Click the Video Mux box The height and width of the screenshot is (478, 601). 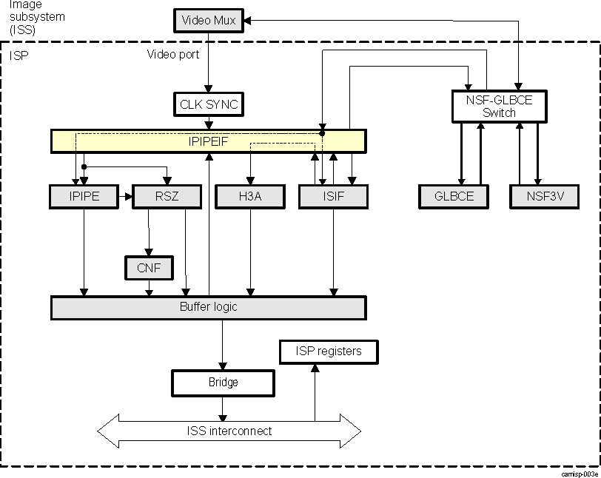pos(209,20)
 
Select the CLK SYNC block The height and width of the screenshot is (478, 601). pos(209,104)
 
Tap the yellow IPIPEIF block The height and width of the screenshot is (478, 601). pos(208,141)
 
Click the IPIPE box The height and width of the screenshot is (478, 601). pos(84,196)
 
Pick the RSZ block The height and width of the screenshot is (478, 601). pos(166,196)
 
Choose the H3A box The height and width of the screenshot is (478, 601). pos(250,196)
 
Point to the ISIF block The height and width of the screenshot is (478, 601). pos(333,196)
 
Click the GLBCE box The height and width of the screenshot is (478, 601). pos(453,196)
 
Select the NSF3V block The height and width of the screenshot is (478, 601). pos(545,196)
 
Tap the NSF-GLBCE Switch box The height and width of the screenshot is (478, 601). pos(499,107)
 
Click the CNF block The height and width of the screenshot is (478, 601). pos(149,268)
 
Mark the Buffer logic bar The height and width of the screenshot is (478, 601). pos(208,307)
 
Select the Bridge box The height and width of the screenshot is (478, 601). pos(223,383)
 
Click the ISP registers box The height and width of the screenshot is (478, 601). pos(329,351)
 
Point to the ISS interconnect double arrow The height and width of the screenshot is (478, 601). pos(229,431)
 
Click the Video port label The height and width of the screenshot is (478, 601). pos(172,55)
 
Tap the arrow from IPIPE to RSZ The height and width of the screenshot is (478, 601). pos(124,197)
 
